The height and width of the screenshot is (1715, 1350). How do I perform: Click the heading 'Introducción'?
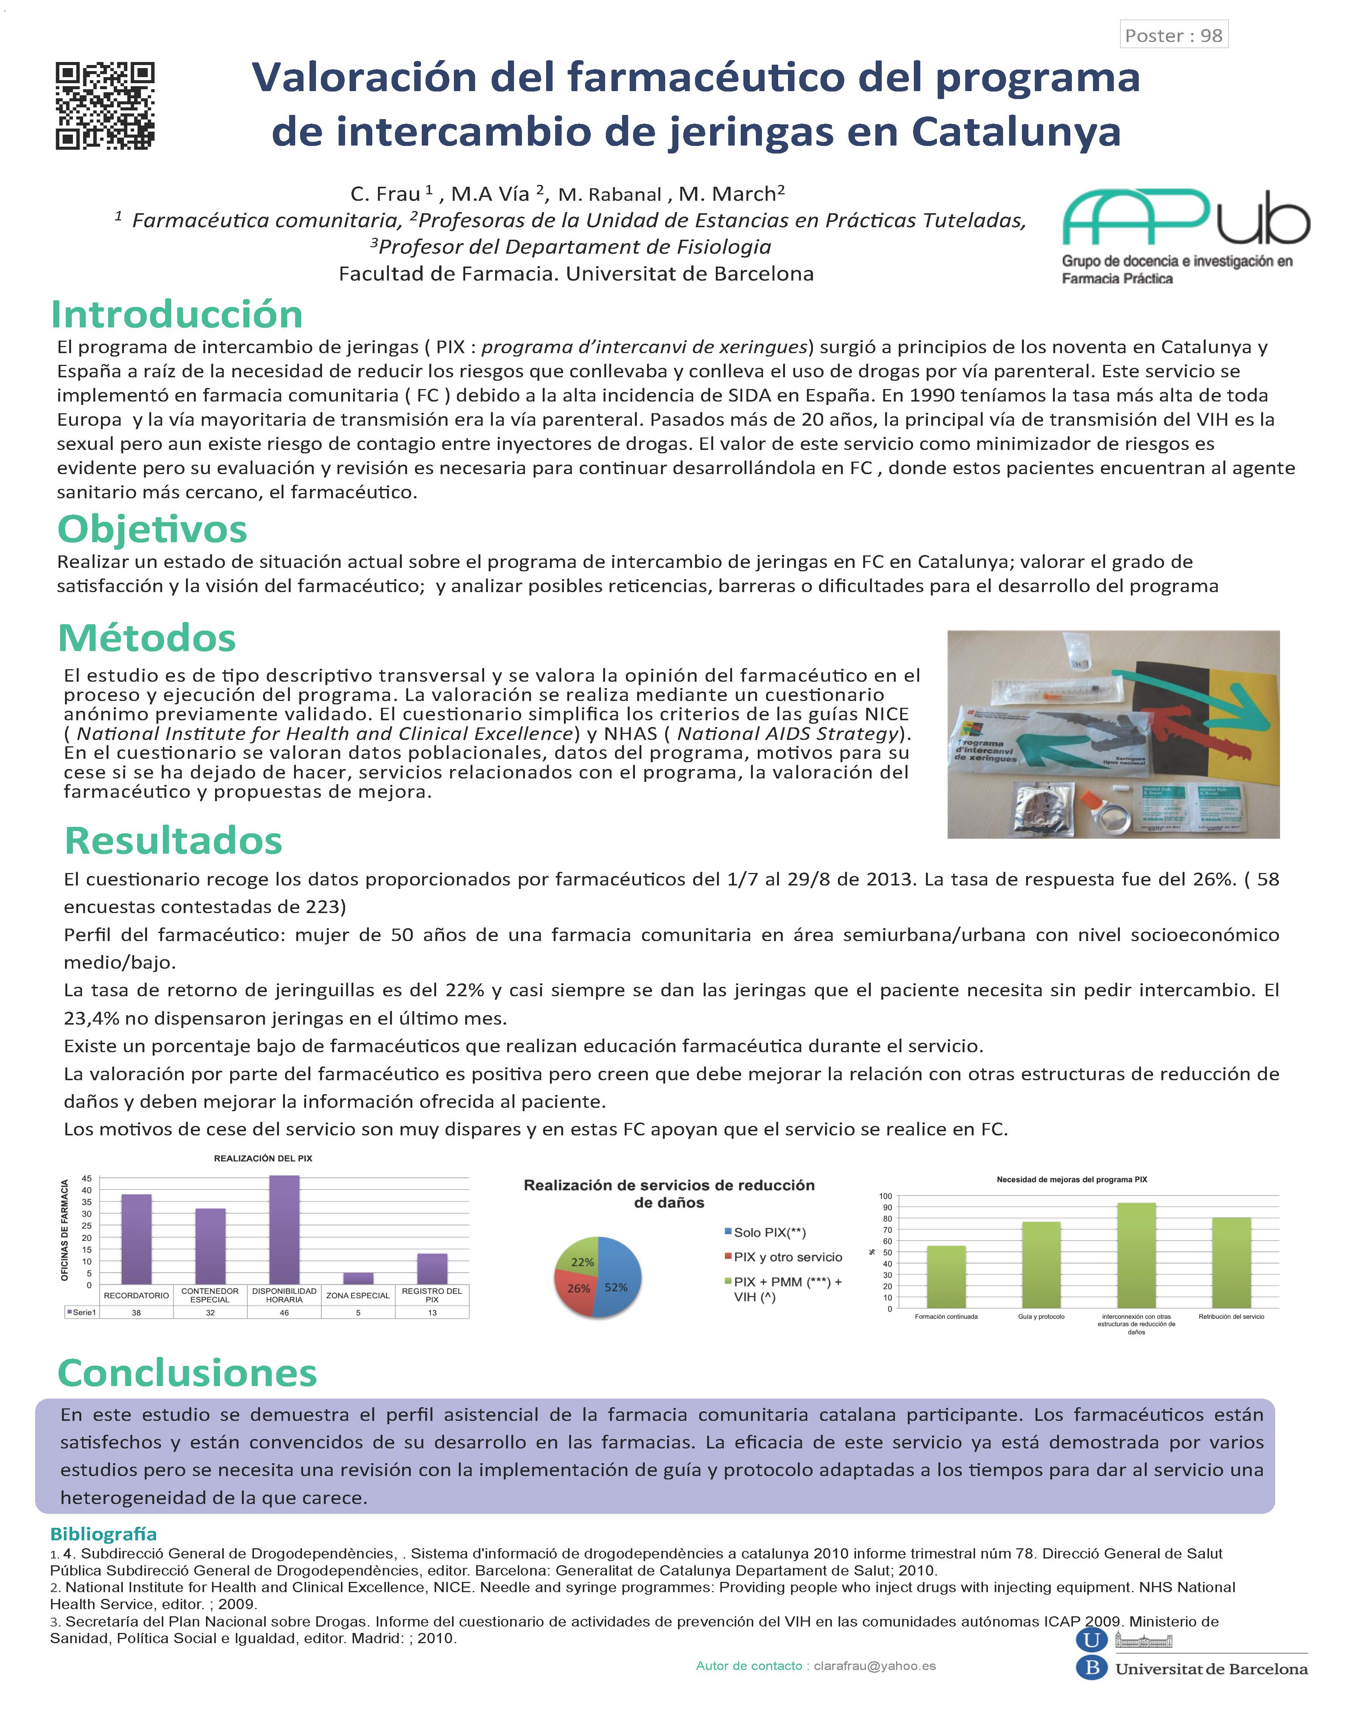177,315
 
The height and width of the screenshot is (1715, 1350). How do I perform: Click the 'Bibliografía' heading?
104,1534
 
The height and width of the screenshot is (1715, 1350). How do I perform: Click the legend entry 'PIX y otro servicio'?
787,1257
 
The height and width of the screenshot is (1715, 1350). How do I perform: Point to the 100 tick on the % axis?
885,1196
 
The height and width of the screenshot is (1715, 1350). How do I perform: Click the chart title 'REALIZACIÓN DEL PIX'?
263,1158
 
